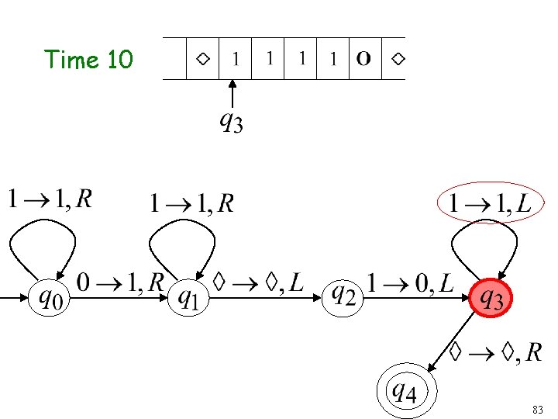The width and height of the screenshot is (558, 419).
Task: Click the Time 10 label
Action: [x=88, y=59]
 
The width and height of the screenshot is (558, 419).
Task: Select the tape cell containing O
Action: [x=363, y=58]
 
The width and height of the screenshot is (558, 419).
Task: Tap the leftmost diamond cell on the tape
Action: [x=202, y=58]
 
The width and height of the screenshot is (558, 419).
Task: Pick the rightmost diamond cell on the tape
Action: [x=397, y=58]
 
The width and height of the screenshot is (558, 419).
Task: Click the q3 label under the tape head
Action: [x=231, y=122]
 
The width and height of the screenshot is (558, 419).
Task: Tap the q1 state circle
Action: [x=190, y=298]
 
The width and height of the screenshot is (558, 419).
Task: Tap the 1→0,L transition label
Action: [x=410, y=282]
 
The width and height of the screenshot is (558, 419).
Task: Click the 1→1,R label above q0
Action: [x=50, y=200]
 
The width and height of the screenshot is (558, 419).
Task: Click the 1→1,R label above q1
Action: [x=191, y=203]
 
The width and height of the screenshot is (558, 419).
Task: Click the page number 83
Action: [x=539, y=408]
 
